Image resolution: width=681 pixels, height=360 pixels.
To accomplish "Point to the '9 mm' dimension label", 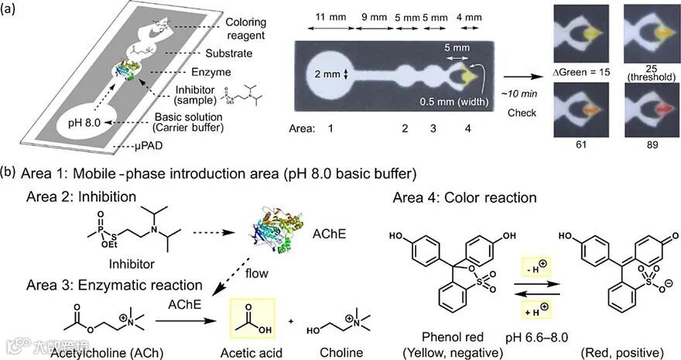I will [372, 15].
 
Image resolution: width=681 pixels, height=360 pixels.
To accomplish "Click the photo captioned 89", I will [648, 111].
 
